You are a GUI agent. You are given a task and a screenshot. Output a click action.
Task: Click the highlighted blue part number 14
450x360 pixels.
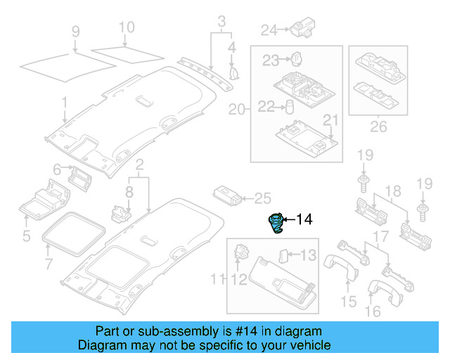coord(276,223)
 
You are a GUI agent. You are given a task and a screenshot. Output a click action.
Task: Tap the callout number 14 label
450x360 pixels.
coord(304,219)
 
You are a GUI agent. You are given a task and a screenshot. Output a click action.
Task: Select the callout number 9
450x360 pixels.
coord(75,32)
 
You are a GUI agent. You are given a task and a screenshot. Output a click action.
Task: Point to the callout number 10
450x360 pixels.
coord(127,27)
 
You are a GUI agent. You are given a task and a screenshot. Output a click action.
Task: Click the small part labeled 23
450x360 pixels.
coord(297,59)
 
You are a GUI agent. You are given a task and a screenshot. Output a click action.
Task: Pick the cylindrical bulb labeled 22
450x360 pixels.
coord(290,107)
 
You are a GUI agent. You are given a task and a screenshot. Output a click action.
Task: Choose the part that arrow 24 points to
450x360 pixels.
coord(302,27)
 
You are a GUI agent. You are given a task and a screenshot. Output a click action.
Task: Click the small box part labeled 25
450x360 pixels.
coord(227,195)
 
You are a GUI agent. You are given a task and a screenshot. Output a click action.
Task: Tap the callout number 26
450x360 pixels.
coord(378,127)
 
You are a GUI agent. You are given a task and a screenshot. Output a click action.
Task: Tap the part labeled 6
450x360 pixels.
coord(79,179)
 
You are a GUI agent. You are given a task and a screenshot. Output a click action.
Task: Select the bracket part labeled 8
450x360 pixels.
coord(121,214)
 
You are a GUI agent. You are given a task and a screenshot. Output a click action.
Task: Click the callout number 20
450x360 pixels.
coord(237,110)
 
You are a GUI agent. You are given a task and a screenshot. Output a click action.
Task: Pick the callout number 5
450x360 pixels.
coord(27,236)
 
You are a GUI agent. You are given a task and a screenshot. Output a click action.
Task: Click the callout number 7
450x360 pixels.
coord(49,264)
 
